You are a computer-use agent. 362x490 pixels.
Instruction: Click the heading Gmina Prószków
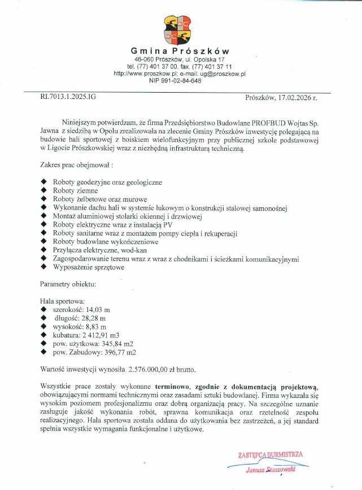(x=180, y=51)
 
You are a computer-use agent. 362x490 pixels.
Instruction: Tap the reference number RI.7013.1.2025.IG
(x=68, y=97)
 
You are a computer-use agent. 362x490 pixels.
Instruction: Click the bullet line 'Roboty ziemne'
(x=76, y=191)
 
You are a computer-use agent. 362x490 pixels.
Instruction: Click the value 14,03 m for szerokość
(x=98, y=310)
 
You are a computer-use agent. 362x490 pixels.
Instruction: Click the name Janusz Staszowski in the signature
(x=271, y=469)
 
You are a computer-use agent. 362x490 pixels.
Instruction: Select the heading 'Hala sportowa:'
(x=63, y=302)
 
